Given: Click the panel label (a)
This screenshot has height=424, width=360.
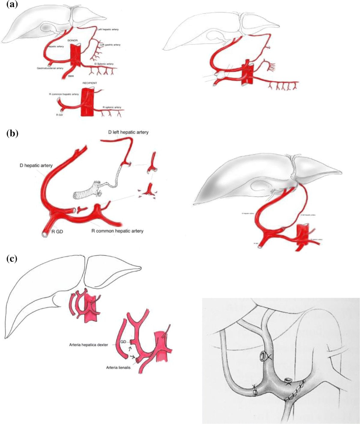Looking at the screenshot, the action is coord(12,5).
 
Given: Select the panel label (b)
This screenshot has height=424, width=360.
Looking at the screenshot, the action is coord(12,133).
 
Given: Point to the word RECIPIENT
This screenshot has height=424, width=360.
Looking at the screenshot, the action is coord(90,83).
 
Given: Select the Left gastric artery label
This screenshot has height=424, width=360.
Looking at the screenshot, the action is coord(110,45).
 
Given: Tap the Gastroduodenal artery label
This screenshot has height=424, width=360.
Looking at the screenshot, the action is coord(50,68).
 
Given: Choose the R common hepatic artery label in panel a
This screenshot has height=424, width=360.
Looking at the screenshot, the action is coord(64,94).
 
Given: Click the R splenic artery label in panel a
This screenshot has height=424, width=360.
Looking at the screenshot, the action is coord(112,107).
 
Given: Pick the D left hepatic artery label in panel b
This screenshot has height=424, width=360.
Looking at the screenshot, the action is coord(128,132).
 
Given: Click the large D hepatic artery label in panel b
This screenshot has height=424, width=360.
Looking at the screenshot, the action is coord(36,165).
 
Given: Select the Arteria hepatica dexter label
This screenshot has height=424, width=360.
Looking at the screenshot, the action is coord(88,345).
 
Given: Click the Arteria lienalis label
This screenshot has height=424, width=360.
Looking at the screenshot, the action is coord(118,367).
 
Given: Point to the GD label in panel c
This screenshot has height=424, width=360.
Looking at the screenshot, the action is coord(123,341).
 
